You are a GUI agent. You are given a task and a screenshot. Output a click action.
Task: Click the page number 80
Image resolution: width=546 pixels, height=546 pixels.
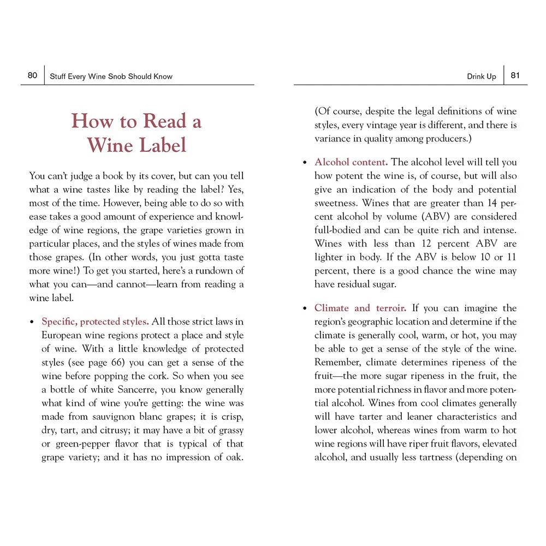pyautogui.click(x=32, y=75)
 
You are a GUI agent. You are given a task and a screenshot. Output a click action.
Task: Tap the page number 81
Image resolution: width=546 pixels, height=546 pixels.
pyautogui.click(x=515, y=75)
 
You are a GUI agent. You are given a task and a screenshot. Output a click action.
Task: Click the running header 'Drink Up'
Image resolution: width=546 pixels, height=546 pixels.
pyautogui.click(x=482, y=76)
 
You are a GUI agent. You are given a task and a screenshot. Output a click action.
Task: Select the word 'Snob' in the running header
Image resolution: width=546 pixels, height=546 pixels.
pyautogui.click(x=115, y=76)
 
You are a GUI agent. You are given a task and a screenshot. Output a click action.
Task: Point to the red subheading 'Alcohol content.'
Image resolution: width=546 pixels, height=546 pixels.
pyautogui.click(x=351, y=162)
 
